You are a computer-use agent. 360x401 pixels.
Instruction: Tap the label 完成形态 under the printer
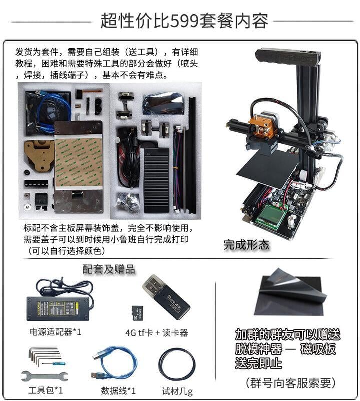pos(246,245)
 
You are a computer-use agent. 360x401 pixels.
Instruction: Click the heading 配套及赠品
pos(109,269)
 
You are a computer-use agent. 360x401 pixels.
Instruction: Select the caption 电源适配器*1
pos(55,332)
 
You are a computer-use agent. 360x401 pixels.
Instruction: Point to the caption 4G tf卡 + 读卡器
pos(156,332)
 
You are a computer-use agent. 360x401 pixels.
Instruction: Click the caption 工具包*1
pos(43,390)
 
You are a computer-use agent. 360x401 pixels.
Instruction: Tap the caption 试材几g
pos(177,390)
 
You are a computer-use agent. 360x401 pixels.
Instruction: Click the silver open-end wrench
pos(41,376)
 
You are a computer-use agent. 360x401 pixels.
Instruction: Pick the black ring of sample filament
pos(177,364)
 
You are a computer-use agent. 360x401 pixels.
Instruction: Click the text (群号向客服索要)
pos(289,383)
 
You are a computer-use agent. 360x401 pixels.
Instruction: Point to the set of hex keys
pos(43,356)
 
